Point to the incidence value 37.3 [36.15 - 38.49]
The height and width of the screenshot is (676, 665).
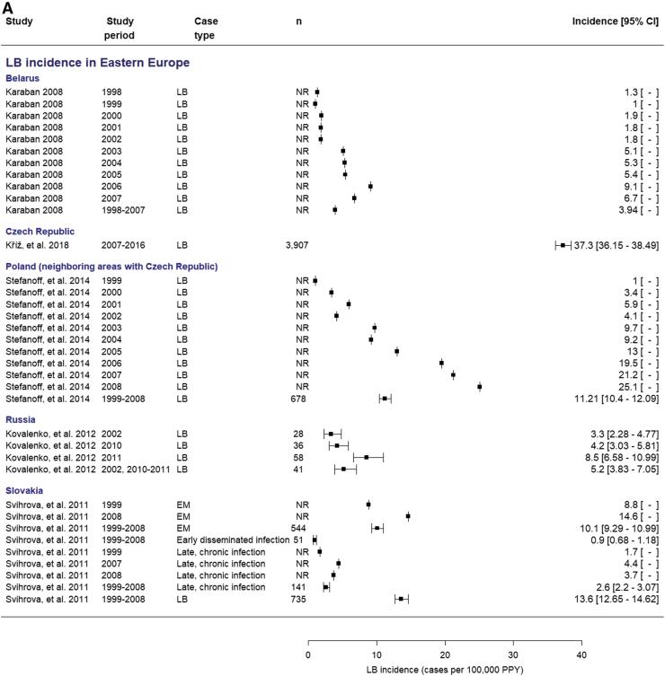pos(615,244)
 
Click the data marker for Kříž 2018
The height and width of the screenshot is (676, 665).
pos(563,244)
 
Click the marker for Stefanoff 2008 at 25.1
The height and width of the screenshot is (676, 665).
pos(480,387)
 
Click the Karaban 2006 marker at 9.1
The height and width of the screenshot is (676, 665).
pos(370,186)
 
